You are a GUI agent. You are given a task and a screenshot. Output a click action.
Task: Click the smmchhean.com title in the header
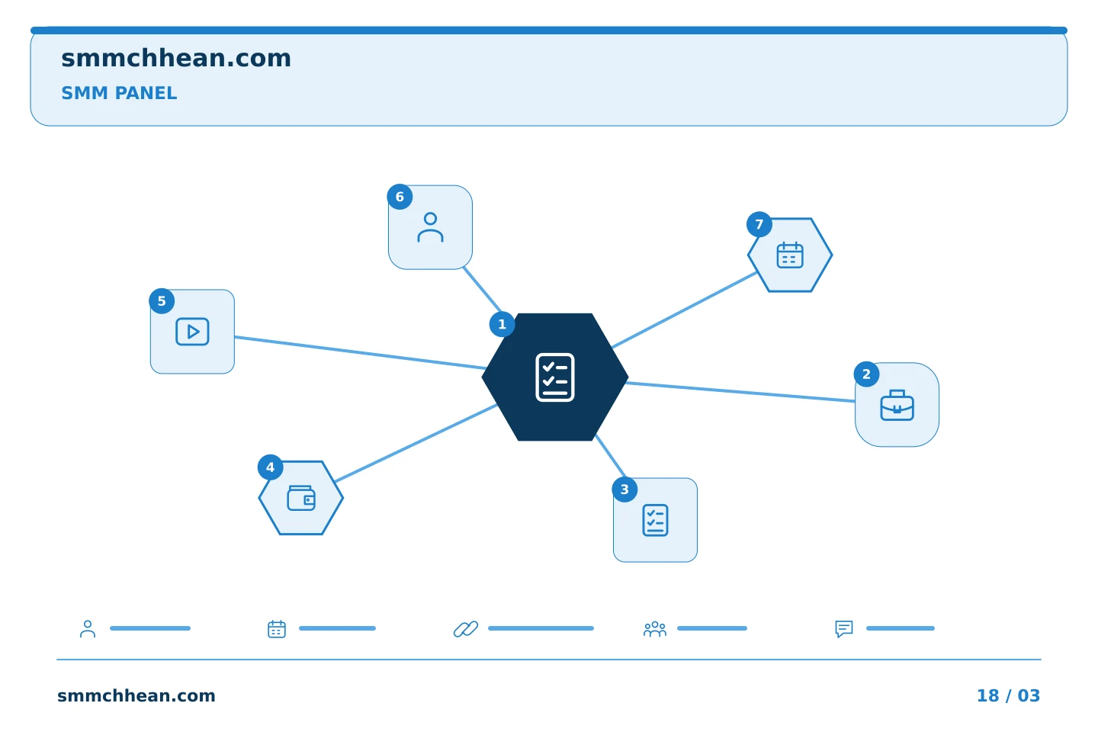click(x=176, y=59)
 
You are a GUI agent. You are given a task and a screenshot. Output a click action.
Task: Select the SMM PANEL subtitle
click(x=119, y=93)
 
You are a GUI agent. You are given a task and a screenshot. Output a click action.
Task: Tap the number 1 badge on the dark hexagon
click(x=502, y=324)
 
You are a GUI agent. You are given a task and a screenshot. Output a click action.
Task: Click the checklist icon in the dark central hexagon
click(x=555, y=377)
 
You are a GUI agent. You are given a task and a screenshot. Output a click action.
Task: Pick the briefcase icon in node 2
click(x=897, y=405)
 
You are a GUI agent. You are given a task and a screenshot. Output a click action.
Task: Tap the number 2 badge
click(x=867, y=374)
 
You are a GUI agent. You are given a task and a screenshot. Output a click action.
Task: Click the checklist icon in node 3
click(x=656, y=520)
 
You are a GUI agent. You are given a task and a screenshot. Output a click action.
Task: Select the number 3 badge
click(x=624, y=490)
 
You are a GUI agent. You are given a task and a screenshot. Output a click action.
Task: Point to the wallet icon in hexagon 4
click(x=301, y=498)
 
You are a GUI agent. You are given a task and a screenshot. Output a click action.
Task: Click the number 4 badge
click(x=270, y=467)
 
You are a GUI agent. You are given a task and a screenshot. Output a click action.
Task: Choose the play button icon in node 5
click(x=192, y=332)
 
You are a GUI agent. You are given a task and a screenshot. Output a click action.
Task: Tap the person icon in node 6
click(x=430, y=227)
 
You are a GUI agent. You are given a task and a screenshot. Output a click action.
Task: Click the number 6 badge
click(x=400, y=197)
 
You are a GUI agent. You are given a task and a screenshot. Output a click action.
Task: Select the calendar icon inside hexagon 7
click(x=790, y=255)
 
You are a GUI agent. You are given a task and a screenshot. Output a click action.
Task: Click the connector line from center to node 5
click(x=360, y=352)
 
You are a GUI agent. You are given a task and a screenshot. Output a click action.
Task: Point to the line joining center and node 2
click(x=740, y=392)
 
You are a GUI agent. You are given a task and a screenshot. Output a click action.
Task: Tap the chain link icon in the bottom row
click(x=466, y=628)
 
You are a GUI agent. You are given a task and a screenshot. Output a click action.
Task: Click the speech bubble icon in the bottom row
click(x=844, y=628)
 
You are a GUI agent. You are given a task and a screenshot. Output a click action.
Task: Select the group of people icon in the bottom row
click(x=655, y=628)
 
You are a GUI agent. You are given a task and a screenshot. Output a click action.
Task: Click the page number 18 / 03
click(x=1008, y=695)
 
